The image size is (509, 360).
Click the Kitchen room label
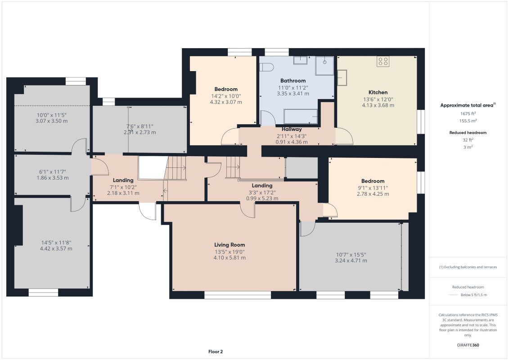pyautogui.click(x=378, y=92)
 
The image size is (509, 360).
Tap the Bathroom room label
pyautogui.click(x=293, y=81)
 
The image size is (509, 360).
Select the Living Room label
pyautogui.click(x=230, y=245)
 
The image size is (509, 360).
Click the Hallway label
pyautogui.click(x=292, y=129)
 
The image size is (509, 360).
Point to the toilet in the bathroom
pyautogui.click(x=266, y=67)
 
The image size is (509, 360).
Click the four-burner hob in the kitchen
pyautogui.click(x=383, y=61)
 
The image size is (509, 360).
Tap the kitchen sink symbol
pyautogui.click(x=342, y=77)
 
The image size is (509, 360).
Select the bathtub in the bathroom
pyautogui.click(x=301, y=116)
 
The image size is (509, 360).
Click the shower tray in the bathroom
pyautogui.click(x=324, y=66)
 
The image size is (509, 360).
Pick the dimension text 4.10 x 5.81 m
pyautogui.click(x=230, y=258)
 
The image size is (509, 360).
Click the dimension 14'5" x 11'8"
pyautogui.click(x=56, y=243)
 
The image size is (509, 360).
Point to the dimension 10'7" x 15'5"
pyautogui.click(x=351, y=255)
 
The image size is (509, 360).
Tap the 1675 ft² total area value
pyautogui.click(x=468, y=113)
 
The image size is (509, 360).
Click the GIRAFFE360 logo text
pyautogui.click(x=468, y=345)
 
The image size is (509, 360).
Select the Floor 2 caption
pyautogui.click(x=216, y=351)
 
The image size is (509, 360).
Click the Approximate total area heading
pyautogui.click(x=468, y=105)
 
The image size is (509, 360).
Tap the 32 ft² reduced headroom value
pyautogui.click(x=468, y=140)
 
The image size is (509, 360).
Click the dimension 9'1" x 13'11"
pyautogui.click(x=373, y=188)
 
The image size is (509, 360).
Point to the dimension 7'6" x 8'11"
pyautogui.click(x=140, y=126)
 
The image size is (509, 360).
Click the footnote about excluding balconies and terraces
pyautogui.click(x=468, y=267)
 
